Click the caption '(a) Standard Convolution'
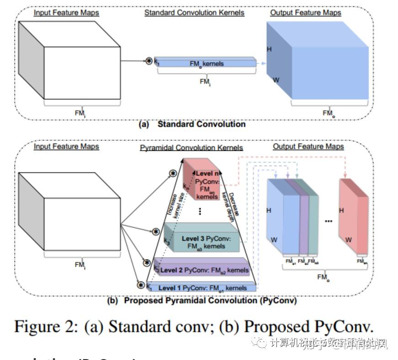[x=192, y=124]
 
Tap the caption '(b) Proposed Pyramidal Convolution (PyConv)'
[x=202, y=301]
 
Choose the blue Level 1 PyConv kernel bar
[x=201, y=288]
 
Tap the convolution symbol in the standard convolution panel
[x=149, y=60]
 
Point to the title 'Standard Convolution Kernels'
[x=194, y=13]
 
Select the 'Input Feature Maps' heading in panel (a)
[x=66, y=13]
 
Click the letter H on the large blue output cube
[x=269, y=49]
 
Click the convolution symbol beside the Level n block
[x=173, y=173]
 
